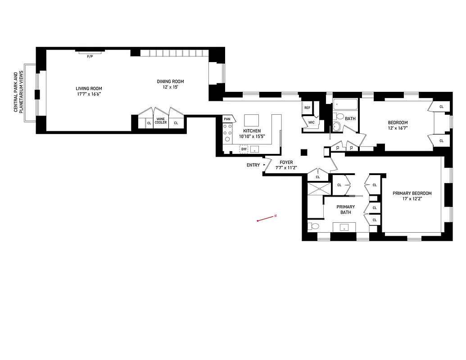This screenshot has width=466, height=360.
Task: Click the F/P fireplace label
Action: [x=90, y=56]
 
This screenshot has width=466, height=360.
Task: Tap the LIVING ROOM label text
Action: [x=89, y=89]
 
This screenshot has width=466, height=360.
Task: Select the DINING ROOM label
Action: [x=170, y=81]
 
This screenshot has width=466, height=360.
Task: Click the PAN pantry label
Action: [x=227, y=119]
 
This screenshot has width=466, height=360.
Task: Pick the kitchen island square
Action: [x=252, y=120]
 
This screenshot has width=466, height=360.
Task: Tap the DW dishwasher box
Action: [x=244, y=149]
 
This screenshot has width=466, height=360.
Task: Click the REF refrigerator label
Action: [x=307, y=108]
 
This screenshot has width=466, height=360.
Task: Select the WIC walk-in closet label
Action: [x=311, y=122]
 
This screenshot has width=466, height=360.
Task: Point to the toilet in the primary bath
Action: [x=314, y=226]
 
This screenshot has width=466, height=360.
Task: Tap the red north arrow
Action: [x=266, y=218]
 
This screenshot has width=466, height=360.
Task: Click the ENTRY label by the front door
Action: [x=253, y=165]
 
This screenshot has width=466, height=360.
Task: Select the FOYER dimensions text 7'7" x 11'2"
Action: [x=286, y=168]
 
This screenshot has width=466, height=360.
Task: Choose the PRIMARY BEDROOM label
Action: [x=412, y=193]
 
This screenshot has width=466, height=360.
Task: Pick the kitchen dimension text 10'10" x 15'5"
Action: [x=252, y=136]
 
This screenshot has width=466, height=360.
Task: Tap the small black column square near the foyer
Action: [x=304, y=152]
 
